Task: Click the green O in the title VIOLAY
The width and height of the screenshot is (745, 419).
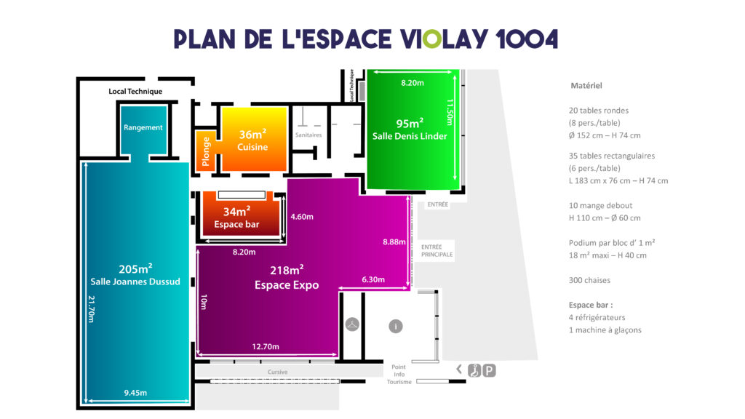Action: point(432,39)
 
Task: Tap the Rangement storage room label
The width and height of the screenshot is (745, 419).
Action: point(143,127)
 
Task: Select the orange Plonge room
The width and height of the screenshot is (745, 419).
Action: point(206,151)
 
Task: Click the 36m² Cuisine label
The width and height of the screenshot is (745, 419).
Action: point(252,140)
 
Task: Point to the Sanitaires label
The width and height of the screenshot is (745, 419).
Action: point(308,135)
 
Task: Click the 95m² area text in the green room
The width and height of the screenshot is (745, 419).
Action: point(410,124)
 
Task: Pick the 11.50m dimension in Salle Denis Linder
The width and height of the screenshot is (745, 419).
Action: point(450,112)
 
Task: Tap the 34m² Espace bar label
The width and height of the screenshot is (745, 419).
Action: point(236,218)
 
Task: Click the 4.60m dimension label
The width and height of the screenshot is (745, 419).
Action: point(302,217)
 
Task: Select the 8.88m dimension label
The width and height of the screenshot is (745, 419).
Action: point(394,242)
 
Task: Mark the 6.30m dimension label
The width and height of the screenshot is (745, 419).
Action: point(373,279)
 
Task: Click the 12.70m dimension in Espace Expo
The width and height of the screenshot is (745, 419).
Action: point(266,346)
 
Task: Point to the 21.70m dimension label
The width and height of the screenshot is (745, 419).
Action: point(91,309)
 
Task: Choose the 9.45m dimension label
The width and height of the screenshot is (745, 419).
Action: point(135,392)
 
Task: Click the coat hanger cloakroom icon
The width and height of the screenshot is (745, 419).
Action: point(352,324)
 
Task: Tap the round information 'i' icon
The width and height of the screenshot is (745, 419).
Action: point(396,327)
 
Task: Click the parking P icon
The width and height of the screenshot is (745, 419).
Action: point(490,370)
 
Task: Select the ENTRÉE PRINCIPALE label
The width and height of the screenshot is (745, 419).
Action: point(437,251)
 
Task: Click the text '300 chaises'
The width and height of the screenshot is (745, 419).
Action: point(589,280)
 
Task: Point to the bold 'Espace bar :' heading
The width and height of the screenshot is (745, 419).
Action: point(591,305)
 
